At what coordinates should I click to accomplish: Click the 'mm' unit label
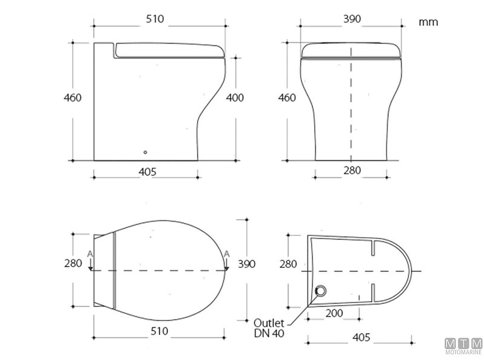click(428, 22)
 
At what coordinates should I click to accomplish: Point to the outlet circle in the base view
click(319, 292)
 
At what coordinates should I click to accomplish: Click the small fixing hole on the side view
click(145, 152)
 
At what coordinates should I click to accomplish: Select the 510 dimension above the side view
click(155, 19)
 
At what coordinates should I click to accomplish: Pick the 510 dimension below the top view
click(159, 332)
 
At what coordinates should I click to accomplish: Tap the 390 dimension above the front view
click(352, 19)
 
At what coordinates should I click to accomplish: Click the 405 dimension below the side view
click(147, 171)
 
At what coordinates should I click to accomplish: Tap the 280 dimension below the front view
click(352, 171)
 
